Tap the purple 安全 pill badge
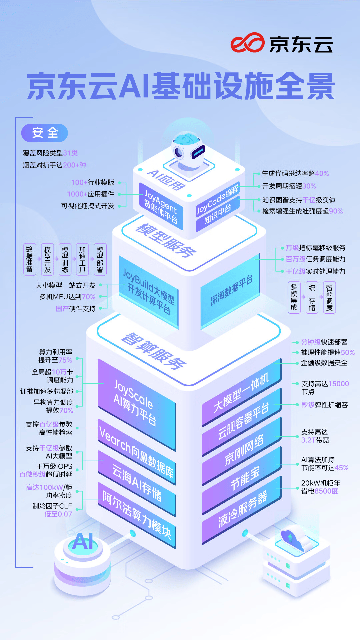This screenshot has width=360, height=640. (x=45, y=133)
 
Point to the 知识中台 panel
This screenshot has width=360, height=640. (x=218, y=214)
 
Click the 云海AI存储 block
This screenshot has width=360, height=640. (x=137, y=483)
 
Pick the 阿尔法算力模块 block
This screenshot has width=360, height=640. (x=137, y=515)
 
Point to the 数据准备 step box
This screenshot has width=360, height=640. (x=29, y=259)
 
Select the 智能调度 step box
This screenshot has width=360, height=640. (x=329, y=297)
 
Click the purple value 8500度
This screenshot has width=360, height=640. (x=326, y=491)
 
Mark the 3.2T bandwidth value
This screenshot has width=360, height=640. (x=308, y=440)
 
